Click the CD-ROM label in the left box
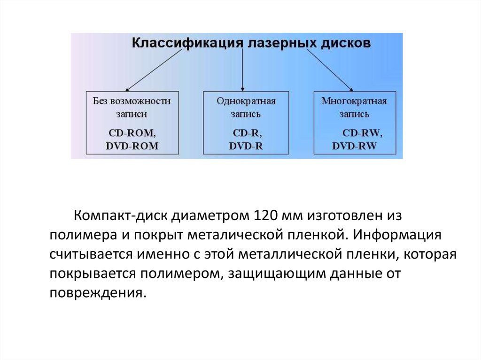131,133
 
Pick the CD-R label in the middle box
246,133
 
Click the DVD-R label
246,146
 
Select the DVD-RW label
354,146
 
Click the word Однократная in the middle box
246,101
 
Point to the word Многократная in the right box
354,101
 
